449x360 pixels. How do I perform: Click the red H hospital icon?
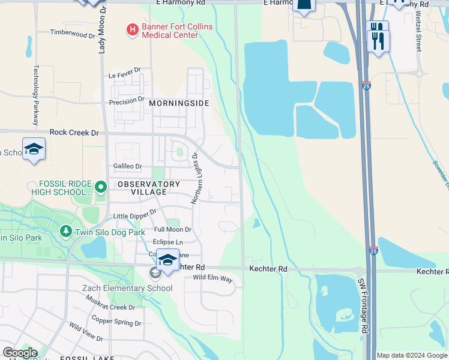pos(131,29)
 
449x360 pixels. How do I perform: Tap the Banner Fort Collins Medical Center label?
pos(169,31)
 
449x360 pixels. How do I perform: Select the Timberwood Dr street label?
pos(73,33)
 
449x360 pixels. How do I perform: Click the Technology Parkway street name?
pos(36,90)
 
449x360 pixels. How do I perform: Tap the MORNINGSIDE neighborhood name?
pos(179,103)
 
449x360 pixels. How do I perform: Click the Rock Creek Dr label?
pos(74,132)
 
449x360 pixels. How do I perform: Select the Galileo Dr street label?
pos(127,166)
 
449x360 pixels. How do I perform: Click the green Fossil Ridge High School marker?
pos(100,188)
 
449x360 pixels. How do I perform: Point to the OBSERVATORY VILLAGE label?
pos(149,187)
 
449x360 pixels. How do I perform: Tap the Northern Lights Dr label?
pos(194,178)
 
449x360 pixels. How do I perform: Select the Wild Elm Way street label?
pos(212,278)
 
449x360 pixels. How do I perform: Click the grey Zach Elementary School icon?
pos(155,274)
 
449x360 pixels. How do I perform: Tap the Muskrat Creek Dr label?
pos(113,307)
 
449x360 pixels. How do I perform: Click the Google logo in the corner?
pos(20,353)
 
